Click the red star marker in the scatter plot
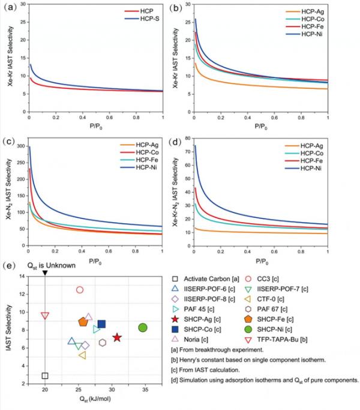tap(117, 338)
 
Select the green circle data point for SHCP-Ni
tap(143, 328)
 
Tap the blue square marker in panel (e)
tap(101, 324)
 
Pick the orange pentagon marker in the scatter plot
tap(83, 322)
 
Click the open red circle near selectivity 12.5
tap(80, 290)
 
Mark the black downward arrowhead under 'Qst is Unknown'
tap(45, 273)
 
